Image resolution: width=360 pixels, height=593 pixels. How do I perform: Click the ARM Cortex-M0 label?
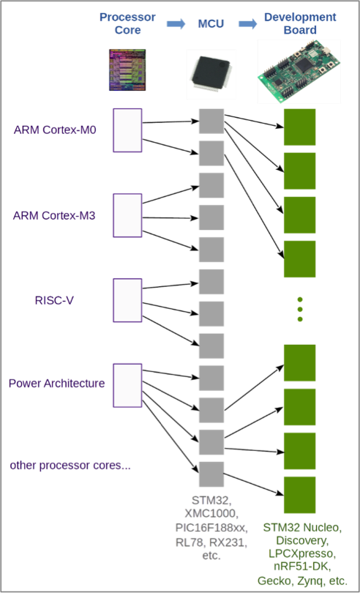[55, 130]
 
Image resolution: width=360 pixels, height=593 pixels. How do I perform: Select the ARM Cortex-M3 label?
[54, 215]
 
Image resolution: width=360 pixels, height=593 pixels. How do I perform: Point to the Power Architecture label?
[57, 384]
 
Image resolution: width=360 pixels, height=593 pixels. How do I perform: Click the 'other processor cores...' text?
[70, 465]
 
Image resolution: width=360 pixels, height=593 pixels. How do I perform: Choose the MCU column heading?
[211, 24]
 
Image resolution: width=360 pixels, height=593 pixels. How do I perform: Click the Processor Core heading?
[127, 23]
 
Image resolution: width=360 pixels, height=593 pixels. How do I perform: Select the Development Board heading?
[300, 23]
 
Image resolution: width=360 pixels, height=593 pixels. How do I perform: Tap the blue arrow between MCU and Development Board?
[248, 24]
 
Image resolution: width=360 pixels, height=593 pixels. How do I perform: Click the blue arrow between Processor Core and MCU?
[176, 24]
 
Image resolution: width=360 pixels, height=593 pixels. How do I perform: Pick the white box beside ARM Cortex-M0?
[127, 130]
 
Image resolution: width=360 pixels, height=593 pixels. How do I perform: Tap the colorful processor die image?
[127, 70]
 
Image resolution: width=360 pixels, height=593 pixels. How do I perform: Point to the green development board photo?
[299, 72]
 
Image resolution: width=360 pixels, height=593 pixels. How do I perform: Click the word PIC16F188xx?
[211, 527]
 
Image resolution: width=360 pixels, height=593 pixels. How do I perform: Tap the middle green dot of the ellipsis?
[300, 310]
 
